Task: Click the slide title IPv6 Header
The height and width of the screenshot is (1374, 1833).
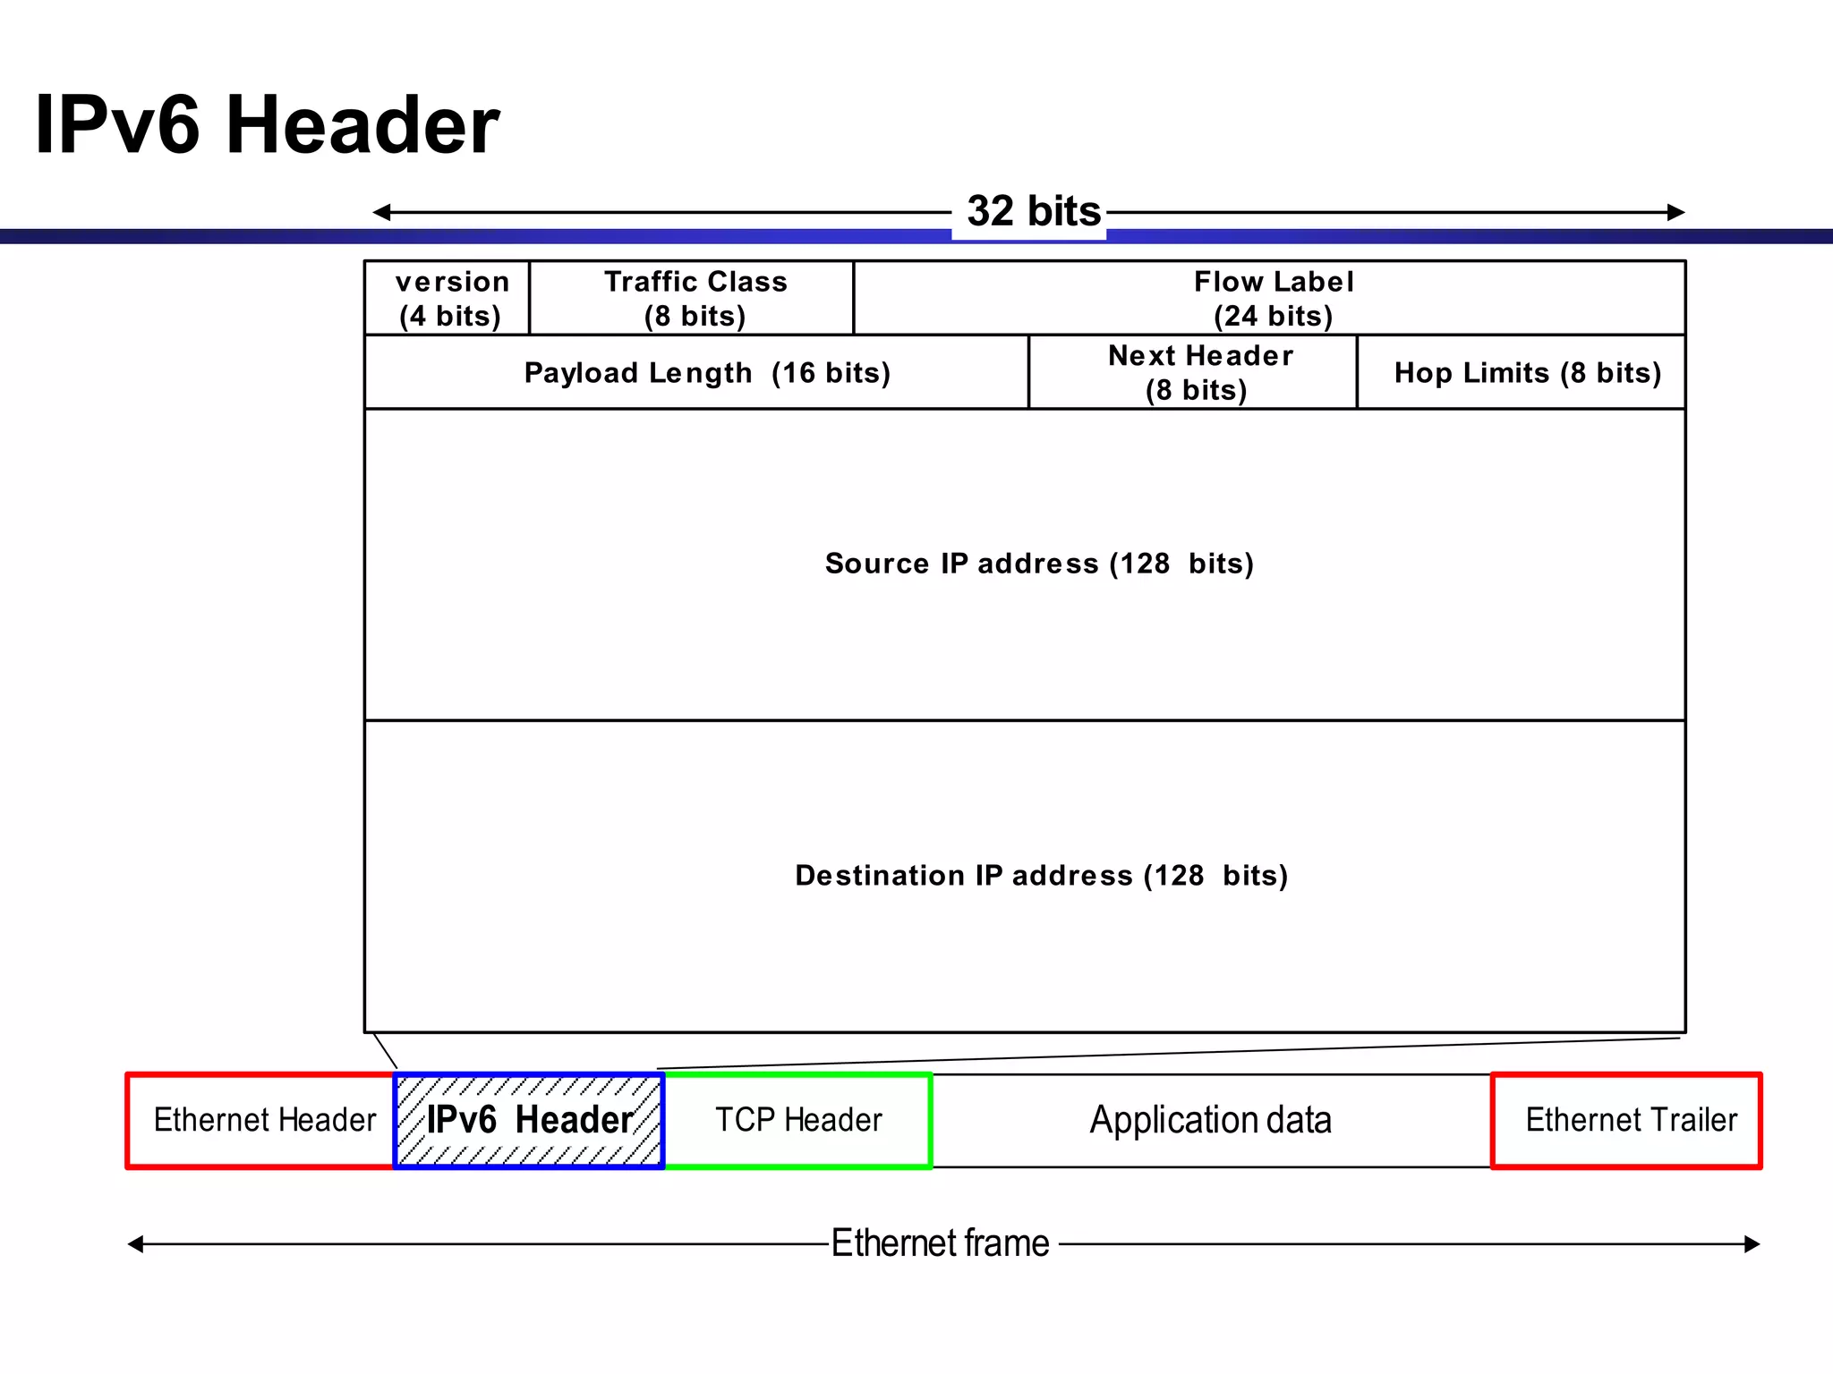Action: point(267,124)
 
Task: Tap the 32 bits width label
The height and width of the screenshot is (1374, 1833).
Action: point(1033,212)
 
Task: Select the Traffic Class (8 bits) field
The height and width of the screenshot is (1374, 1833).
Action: point(693,299)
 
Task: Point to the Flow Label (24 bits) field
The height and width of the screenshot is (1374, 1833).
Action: point(1271,299)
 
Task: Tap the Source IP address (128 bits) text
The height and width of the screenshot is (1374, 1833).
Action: point(1038,564)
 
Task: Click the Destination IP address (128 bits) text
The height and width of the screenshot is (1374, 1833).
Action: point(1040,875)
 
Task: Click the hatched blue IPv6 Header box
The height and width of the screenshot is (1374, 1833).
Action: point(529,1120)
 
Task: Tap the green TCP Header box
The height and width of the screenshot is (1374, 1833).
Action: point(797,1120)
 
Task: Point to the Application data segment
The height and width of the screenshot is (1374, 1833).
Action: point(1210,1120)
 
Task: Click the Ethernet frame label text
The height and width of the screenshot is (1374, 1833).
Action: point(940,1243)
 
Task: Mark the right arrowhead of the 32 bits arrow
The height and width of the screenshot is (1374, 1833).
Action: point(1676,212)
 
